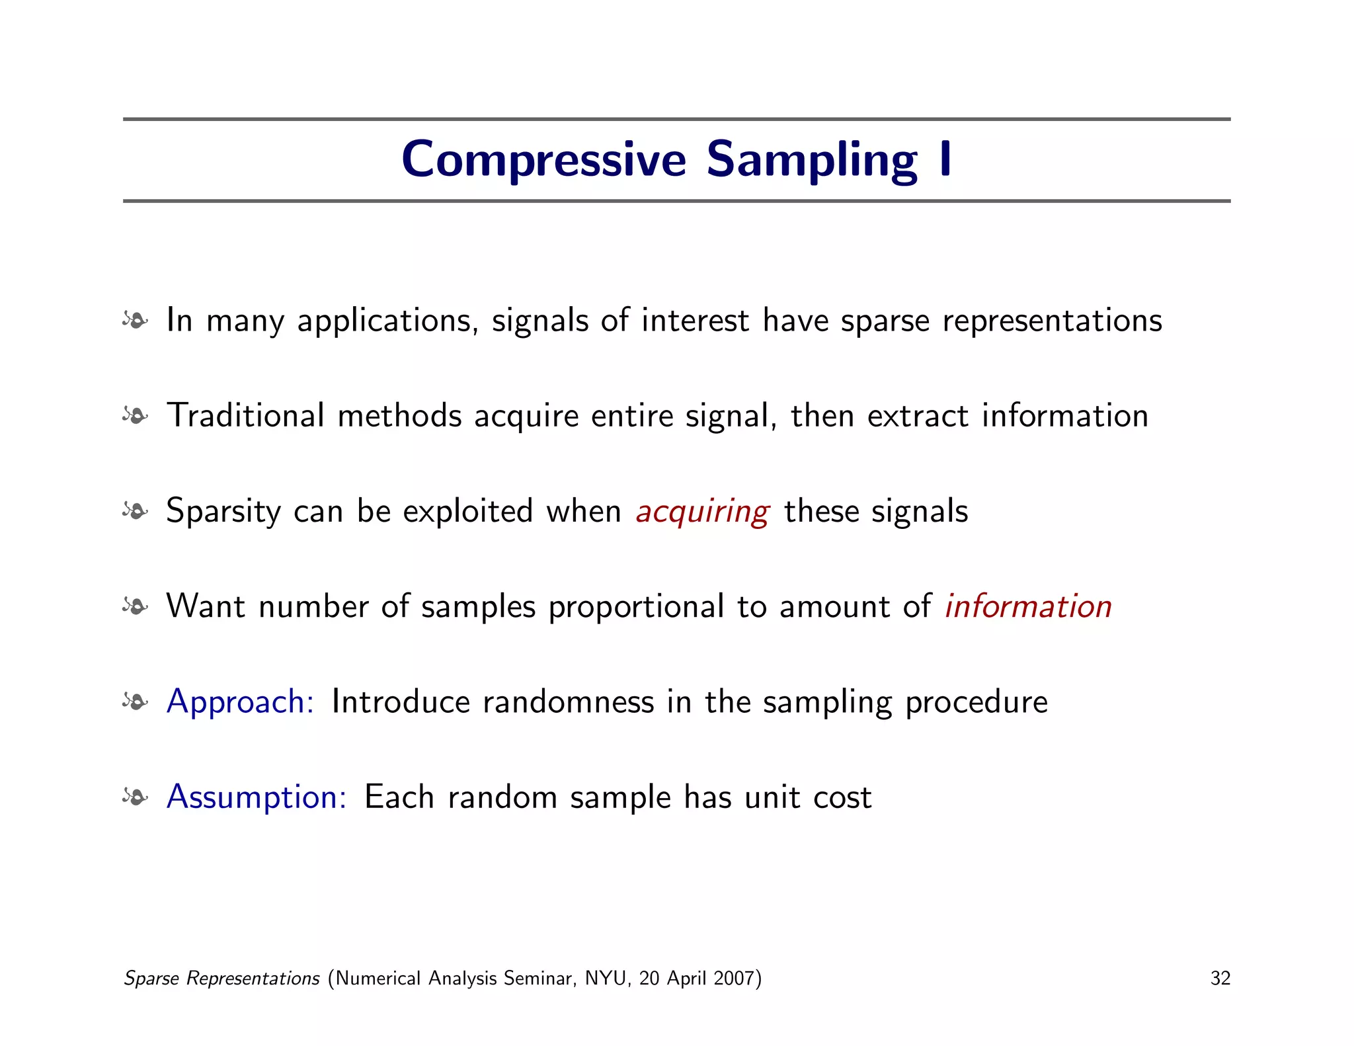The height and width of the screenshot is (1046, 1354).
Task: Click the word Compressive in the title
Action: [x=543, y=161]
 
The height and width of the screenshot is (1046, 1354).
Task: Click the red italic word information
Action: [x=1028, y=606]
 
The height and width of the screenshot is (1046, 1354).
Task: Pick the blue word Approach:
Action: [x=240, y=702]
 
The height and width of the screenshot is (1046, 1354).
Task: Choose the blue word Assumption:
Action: [x=257, y=797]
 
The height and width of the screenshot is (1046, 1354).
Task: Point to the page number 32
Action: [x=1220, y=978]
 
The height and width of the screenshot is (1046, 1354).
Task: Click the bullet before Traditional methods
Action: [x=135, y=416]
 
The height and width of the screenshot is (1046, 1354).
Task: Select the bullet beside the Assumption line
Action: [x=135, y=797]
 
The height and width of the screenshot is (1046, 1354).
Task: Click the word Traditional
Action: [x=245, y=416]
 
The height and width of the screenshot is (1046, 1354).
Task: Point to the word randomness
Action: [x=568, y=702]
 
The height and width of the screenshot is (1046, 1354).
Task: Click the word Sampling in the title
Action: [x=812, y=161]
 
